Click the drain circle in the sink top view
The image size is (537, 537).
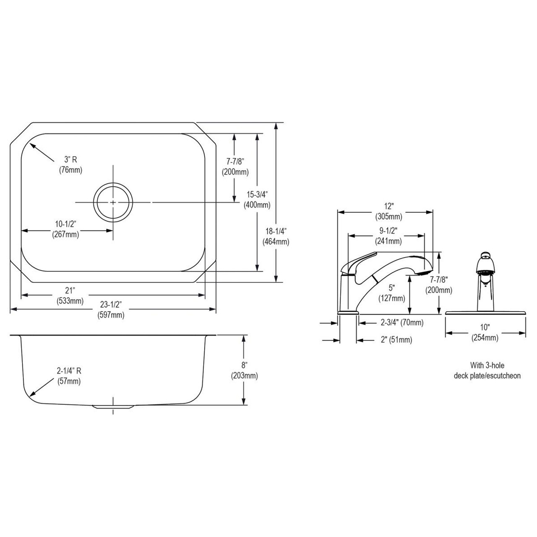click(113, 202)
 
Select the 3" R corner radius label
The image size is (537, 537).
click(70, 164)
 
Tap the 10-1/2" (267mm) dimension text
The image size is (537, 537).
click(66, 230)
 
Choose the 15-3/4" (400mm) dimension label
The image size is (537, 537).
click(257, 200)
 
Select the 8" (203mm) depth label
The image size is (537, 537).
click(244, 370)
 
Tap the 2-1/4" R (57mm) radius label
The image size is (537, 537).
click(69, 376)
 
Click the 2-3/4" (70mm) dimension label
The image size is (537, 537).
click(401, 323)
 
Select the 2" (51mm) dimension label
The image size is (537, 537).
click(396, 340)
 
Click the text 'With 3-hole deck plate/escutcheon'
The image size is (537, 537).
click(487, 370)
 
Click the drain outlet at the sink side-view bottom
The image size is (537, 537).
click(113, 407)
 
